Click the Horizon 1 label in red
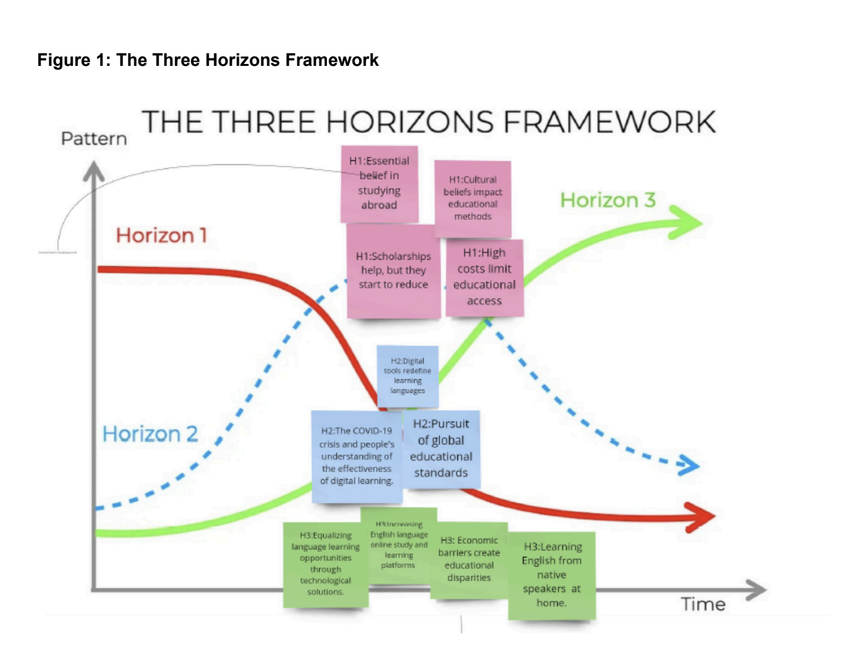click(x=161, y=235)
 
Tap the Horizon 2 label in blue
click(x=150, y=434)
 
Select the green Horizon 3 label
click(x=607, y=200)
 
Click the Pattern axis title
click(x=93, y=139)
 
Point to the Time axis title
click(x=703, y=604)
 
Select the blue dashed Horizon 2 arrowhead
click(x=689, y=465)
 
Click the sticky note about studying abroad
click(x=379, y=184)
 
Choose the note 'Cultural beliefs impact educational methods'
click(x=472, y=198)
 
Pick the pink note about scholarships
click(x=393, y=270)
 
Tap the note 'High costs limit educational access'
click(x=484, y=277)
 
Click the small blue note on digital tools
click(x=408, y=376)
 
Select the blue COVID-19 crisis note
click(x=357, y=457)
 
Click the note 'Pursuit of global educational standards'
click(x=441, y=448)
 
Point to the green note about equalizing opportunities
click(x=326, y=564)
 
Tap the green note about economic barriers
click(x=469, y=559)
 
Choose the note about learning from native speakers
click(x=552, y=576)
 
